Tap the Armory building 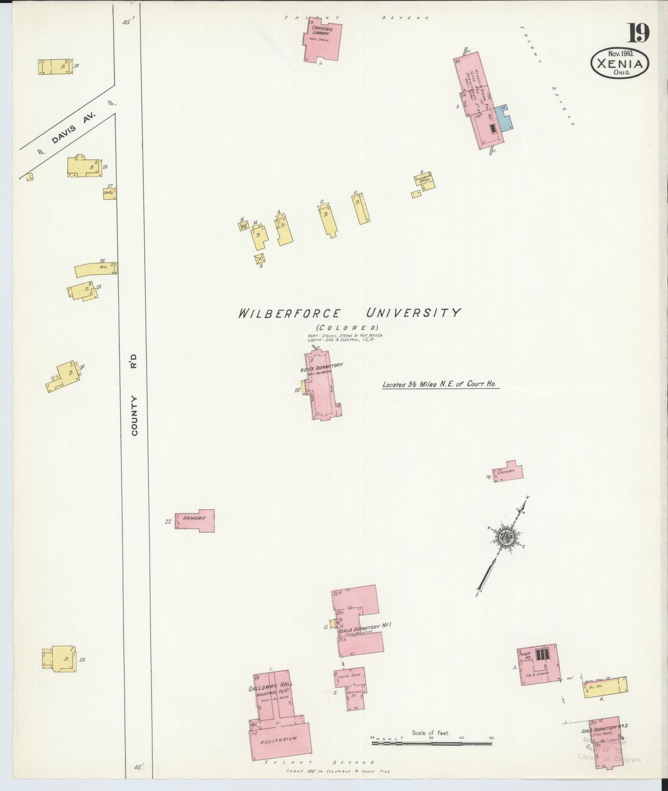click(195, 520)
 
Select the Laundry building click(508, 472)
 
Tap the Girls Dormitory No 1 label click(365, 626)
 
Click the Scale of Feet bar click(431, 743)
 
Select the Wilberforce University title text click(349, 313)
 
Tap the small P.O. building click(244, 226)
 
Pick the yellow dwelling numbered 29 click(55, 67)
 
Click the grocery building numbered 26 click(95, 269)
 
